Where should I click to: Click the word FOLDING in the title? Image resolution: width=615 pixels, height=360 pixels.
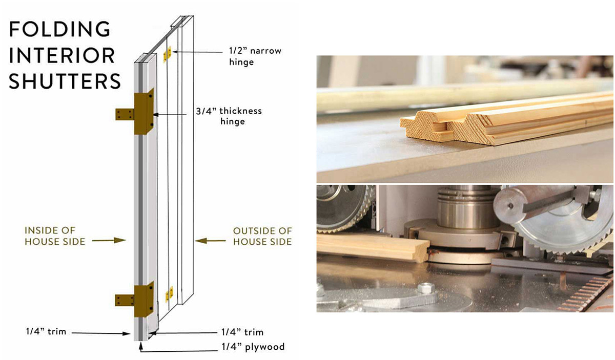[x=59, y=29]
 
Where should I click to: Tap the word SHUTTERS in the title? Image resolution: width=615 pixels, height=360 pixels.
[x=65, y=81]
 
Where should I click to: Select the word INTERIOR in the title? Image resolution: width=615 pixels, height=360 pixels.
[x=62, y=55]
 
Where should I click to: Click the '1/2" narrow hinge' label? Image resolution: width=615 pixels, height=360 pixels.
[x=255, y=56]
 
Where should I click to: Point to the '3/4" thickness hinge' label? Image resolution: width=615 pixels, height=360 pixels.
[x=229, y=116]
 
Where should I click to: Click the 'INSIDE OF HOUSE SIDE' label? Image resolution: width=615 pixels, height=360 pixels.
[x=55, y=236]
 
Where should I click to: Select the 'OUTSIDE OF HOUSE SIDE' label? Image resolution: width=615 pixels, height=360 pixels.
[x=262, y=236]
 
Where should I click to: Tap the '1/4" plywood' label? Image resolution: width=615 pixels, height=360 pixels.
[x=253, y=347]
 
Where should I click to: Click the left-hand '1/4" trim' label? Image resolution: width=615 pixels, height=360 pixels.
[x=46, y=331]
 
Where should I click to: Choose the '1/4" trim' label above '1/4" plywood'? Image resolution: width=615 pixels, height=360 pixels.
[x=242, y=332]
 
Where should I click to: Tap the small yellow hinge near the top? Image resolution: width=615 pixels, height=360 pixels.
[x=167, y=53]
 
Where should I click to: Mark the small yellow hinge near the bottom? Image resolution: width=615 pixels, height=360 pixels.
[x=169, y=294]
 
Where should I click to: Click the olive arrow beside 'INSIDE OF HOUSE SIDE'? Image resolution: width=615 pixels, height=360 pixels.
[x=109, y=240]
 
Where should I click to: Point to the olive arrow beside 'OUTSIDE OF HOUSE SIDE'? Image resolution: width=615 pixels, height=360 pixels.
[x=210, y=241]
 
